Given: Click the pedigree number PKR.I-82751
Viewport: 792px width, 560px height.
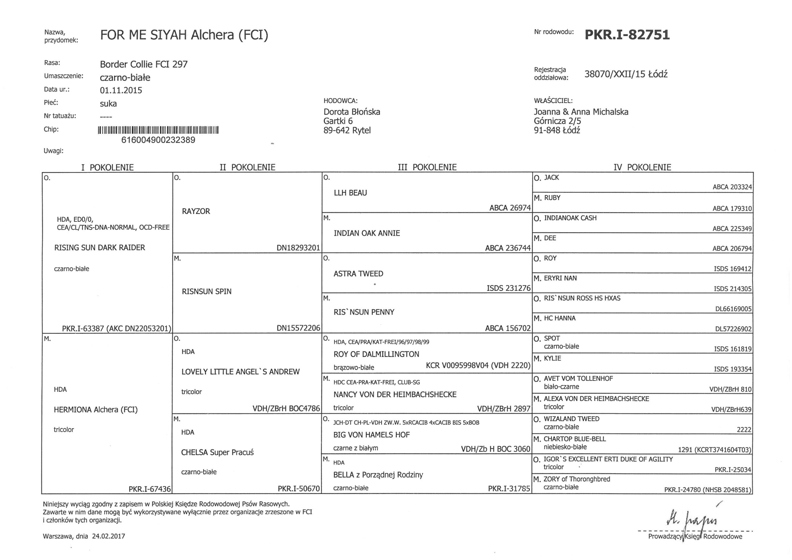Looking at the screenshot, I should (x=627, y=35).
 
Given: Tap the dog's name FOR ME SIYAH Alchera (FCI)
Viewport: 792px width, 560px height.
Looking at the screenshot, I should (x=184, y=35).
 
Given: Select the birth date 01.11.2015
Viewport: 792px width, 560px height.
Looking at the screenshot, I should (x=121, y=90).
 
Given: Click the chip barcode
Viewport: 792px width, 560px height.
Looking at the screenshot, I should (x=158, y=130).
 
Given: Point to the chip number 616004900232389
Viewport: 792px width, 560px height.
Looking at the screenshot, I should (x=158, y=140).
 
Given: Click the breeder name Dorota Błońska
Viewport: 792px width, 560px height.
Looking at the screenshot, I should (x=351, y=112).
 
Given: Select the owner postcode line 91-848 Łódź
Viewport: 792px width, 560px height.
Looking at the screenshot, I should (x=557, y=131).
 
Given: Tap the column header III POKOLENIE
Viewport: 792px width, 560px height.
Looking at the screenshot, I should (x=427, y=167).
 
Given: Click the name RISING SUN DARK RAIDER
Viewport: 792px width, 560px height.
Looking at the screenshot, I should (x=100, y=248).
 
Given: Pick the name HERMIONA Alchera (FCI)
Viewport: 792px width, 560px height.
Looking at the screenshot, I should (x=96, y=410).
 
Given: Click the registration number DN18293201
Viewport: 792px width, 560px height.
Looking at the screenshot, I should (x=298, y=248).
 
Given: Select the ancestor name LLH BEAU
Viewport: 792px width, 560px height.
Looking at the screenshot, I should (x=350, y=193).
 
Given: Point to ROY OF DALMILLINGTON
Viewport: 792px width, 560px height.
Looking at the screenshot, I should (x=376, y=354).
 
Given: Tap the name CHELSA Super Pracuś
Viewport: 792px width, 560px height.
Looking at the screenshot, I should (x=217, y=452).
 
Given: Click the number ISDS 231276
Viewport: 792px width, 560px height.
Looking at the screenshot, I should (x=508, y=288).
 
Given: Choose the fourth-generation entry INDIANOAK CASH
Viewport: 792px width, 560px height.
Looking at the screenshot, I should (x=570, y=218).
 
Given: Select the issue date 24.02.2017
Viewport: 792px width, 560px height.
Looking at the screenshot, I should (x=108, y=536).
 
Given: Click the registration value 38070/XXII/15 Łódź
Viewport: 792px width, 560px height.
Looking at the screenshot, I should (x=626, y=74).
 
